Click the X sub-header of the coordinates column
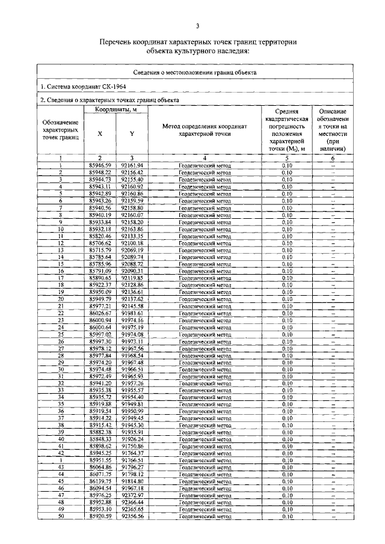(x=100, y=134)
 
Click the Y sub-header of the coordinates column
(x=132, y=134)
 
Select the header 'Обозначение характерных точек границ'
(x=61, y=130)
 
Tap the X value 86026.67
(x=100, y=313)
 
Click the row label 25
(x=61, y=334)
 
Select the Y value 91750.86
(x=132, y=446)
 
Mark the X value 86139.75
(x=100, y=481)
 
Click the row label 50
(x=61, y=516)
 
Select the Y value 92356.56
(x=132, y=516)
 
